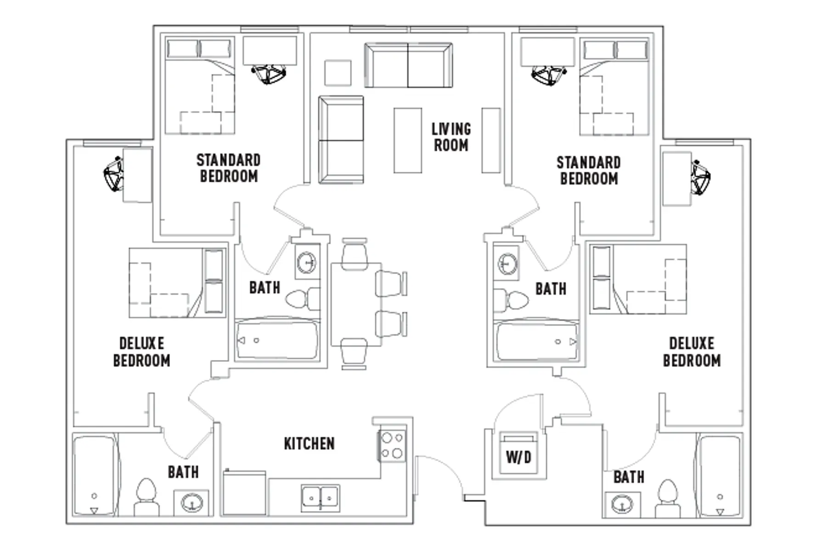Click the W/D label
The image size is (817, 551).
point(518,457)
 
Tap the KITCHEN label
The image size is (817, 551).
point(310,444)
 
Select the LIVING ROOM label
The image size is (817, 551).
point(451,137)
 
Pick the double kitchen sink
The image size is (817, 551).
point(321,498)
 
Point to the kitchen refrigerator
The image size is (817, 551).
point(244,493)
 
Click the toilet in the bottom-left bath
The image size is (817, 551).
point(147,498)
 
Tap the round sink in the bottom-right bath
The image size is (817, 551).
point(622,504)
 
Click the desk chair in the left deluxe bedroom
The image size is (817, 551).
point(113,174)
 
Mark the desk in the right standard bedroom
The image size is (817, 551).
point(547,51)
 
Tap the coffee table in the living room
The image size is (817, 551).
point(408,141)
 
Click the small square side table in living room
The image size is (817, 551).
point(338,73)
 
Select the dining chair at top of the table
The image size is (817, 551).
point(355,253)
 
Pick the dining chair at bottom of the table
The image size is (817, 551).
point(355,354)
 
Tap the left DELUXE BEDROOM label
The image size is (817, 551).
point(142,352)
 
